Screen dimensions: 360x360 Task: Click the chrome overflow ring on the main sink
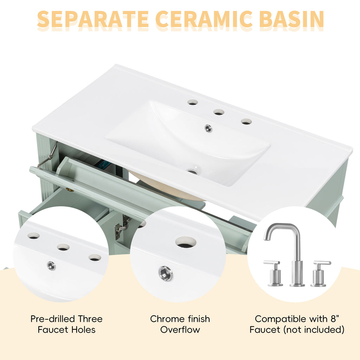click(208, 128)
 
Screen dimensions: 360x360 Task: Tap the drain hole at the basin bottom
click(192, 171)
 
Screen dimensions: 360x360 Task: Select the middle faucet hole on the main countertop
click(219, 112)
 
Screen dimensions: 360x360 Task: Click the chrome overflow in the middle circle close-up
click(165, 273)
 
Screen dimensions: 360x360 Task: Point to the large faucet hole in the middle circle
click(186, 242)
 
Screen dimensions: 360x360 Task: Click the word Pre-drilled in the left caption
click(53, 319)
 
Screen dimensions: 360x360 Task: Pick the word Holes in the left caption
click(83, 330)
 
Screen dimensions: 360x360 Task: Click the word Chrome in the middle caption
click(167, 319)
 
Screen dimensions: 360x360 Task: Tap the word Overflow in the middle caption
click(180, 330)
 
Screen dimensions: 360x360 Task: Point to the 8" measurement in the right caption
click(335, 319)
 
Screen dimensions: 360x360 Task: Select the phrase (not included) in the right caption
click(314, 330)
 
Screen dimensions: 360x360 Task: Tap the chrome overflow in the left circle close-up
click(51, 266)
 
